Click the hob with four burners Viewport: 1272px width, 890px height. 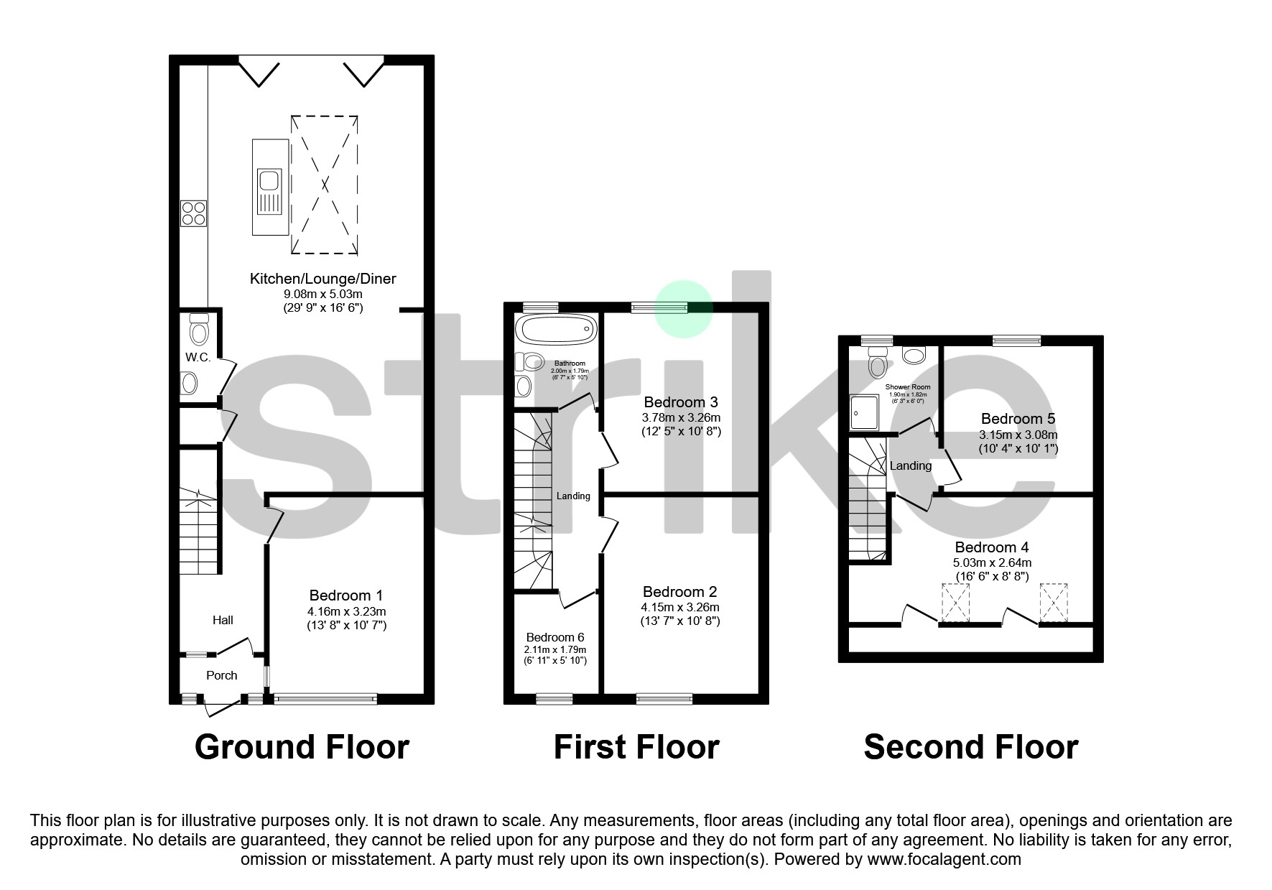194,213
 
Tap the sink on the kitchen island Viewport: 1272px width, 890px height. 270,191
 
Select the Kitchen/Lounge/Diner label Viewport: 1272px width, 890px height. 322,279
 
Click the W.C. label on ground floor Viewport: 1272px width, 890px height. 198,357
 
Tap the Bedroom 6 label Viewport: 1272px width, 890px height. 554,637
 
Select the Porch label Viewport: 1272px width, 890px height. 221,675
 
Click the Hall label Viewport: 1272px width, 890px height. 223,620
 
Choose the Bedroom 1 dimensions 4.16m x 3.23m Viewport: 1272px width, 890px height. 346,611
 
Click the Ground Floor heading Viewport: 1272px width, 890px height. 302,747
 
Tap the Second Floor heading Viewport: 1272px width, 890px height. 970,747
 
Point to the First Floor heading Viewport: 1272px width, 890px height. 636,747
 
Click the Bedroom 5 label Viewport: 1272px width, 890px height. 1018,419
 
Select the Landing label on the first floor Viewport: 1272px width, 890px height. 573,496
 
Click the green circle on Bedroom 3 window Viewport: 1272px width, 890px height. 683,309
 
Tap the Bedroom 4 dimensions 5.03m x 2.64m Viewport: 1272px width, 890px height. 992,562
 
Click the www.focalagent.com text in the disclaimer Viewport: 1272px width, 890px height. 944,859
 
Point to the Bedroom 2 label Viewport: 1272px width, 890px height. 679,592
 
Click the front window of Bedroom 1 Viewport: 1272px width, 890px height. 325,697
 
